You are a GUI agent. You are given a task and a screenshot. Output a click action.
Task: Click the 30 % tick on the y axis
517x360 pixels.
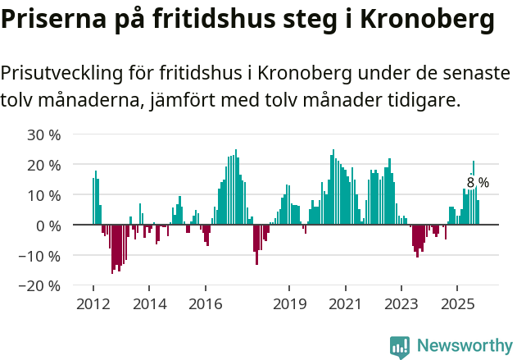click(x=43, y=134)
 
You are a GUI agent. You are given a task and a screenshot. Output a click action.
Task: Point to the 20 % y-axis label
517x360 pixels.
click(x=43, y=165)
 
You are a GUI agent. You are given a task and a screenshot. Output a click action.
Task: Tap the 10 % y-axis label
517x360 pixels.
click(x=43, y=195)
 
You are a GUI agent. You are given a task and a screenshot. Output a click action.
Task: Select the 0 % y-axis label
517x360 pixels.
click(x=48, y=226)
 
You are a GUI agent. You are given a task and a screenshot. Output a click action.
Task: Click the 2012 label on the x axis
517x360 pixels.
click(x=93, y=304)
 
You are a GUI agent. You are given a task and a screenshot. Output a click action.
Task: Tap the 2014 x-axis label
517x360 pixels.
click(x=149, y=304)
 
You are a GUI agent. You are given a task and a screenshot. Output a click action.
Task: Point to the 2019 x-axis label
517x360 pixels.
click(x=289, y=304)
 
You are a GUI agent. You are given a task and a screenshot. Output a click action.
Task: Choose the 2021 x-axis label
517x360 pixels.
click(x=345, y=304)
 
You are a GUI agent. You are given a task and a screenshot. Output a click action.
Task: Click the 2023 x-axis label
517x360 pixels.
click(x=401, y=304)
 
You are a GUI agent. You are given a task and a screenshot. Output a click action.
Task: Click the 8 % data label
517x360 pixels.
click(x=478, y=183)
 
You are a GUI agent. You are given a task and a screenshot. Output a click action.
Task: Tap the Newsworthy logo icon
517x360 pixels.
click(x=400, y=347)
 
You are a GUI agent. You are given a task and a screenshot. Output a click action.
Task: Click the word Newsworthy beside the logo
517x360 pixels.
click(x=464, y=347)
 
